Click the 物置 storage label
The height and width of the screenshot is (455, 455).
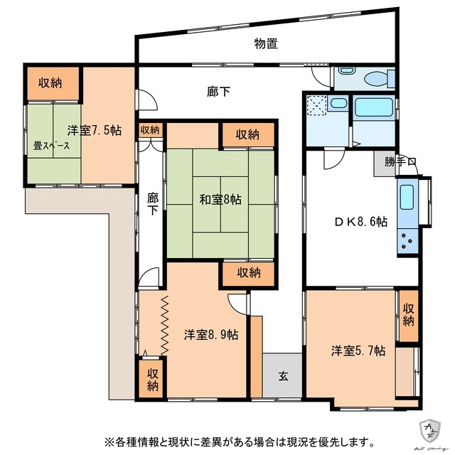pos(266,43)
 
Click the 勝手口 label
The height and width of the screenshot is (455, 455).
pos(400,161)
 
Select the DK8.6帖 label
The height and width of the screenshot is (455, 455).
pos(361,221)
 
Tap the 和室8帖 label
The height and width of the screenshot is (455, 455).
pos(220,200)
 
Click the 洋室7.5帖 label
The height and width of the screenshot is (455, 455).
pos(95,130)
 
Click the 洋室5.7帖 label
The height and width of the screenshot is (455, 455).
pos(358,350)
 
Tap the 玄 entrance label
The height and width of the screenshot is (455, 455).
pos(282,375)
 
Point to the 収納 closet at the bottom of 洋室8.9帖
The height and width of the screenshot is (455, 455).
pos(154,380)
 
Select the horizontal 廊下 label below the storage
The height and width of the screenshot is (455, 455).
pos(218,91)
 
